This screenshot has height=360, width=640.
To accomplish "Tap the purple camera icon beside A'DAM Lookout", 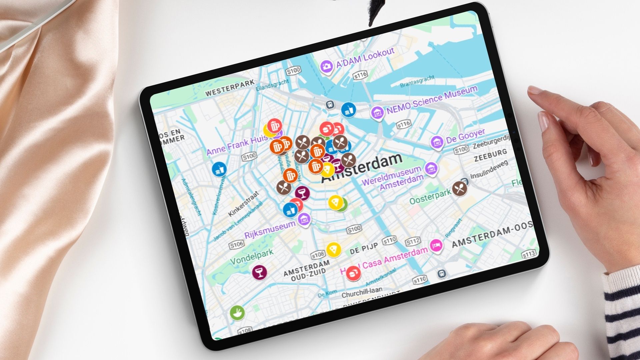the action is (327, 66).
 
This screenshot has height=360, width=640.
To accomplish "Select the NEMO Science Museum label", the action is (432, 99).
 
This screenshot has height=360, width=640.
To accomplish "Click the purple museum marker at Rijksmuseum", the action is (304, 219).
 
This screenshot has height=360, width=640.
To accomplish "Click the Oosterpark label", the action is (430, 196).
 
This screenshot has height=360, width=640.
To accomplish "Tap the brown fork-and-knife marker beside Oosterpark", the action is (460, 189).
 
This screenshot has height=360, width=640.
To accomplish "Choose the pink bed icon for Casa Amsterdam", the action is (436, 246).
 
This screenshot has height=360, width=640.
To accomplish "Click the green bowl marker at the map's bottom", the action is (237, 313).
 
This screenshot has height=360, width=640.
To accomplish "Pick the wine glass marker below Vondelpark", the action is (259, 272).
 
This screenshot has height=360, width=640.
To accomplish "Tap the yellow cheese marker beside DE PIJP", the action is (333, 249).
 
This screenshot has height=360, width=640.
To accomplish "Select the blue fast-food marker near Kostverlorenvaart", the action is (219, 169).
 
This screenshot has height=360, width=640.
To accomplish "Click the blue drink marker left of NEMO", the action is (348, 110).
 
